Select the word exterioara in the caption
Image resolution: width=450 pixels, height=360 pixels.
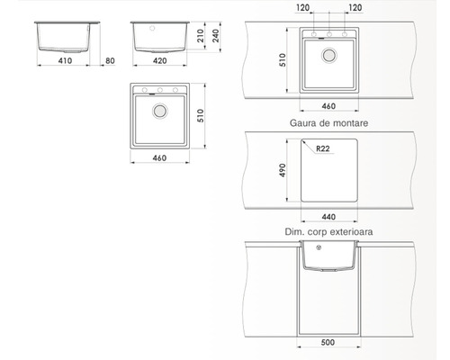pyautogui.click(x=351, y=231)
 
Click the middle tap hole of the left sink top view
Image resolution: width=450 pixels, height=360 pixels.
pyautogui.click(x=160, y=90)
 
